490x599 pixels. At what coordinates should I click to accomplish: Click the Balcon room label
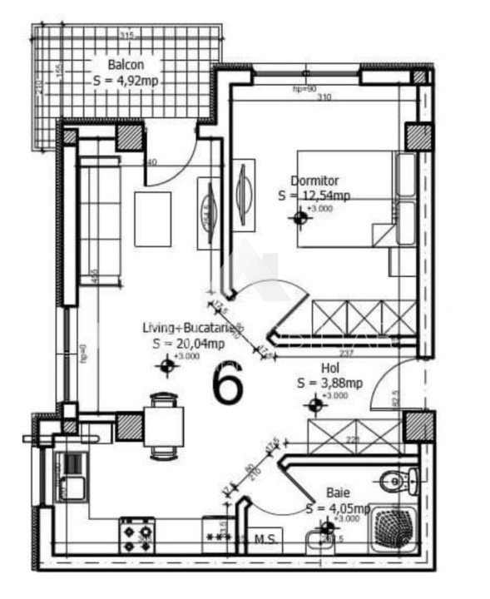point(124,65)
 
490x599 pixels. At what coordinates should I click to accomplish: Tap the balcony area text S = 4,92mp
point(126,81)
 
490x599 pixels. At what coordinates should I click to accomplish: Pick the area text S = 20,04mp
point(188,343)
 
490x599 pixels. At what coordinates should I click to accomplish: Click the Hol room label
point(329,367)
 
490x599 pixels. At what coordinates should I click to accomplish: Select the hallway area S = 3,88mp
point(329,383)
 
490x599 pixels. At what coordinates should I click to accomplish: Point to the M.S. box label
point(266,539)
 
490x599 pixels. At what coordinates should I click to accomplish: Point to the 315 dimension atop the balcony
point(126,36)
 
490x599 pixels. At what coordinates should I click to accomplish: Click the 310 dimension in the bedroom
point(324,97)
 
